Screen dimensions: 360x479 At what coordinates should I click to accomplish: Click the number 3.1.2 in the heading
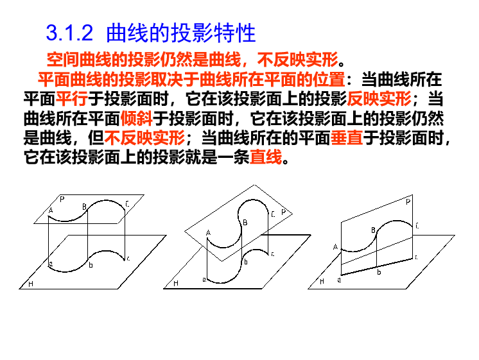[x=71, y=33]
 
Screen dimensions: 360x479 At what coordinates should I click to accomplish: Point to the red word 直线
[x=265, y=157]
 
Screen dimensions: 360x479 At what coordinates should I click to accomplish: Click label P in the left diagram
[x=62, y=199]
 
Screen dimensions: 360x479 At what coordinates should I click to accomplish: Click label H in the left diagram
[x=30, y=284]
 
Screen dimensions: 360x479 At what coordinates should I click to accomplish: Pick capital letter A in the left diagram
[x=51, y=210]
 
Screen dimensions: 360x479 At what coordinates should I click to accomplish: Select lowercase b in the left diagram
[x=91, y=264]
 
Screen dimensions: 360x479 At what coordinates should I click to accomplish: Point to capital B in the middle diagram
[x=244, y=223]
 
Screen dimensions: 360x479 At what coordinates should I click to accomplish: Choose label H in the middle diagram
[x=175, y=283]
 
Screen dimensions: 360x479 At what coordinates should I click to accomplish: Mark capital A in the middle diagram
[x=208, y=232]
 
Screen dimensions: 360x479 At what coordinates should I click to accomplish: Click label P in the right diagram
[x=408, y=201]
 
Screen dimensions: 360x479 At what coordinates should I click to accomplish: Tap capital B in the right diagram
[x=372, y=230]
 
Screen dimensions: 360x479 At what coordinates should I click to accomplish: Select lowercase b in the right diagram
[x=379, y=272]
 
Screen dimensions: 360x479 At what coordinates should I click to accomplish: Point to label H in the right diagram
[x=322, y=281]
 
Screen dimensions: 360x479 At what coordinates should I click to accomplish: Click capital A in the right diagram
[x=335, y=246]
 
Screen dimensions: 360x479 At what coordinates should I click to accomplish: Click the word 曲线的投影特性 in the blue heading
[x=181, y=33]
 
